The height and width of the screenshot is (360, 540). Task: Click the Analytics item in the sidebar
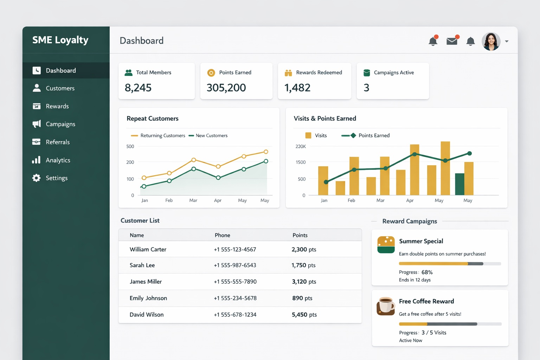58,160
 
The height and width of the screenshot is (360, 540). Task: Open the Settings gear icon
36,178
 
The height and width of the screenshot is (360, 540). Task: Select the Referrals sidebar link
58,142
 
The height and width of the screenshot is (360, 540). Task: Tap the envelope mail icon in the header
452,41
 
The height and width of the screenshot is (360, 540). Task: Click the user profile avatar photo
491,41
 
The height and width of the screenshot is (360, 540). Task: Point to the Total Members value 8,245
138,88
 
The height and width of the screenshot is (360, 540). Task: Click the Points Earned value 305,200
226,88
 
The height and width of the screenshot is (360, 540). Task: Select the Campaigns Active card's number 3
366,88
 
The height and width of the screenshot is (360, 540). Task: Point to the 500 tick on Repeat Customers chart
130,147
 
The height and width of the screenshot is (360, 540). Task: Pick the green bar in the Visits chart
459,184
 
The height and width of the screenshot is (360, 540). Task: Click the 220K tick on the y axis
301,147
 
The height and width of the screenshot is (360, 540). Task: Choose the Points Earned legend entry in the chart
374,136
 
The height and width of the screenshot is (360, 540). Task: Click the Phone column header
223,235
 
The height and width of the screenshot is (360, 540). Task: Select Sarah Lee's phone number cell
235,265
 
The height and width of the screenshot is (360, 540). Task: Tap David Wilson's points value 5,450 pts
304,315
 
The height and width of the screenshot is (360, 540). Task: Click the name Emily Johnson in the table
148,298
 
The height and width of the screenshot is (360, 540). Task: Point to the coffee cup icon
386,306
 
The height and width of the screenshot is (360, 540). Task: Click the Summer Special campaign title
421,241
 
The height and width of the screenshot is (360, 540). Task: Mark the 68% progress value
427,272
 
